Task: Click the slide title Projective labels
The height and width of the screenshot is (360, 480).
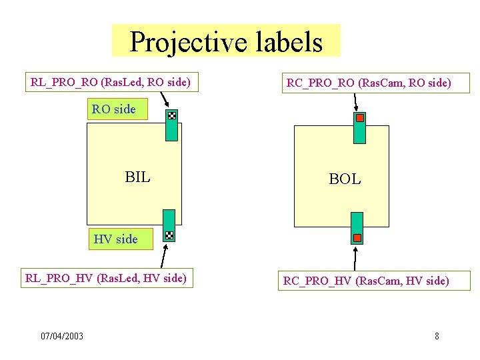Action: point(226,41)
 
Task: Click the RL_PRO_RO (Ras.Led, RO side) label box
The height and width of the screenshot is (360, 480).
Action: point(111,83)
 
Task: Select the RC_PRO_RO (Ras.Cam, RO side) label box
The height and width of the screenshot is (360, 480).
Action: point(369,83)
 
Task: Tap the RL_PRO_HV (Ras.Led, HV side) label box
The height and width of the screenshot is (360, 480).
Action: point(105,278)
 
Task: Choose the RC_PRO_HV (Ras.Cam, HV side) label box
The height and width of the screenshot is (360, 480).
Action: point(366,281)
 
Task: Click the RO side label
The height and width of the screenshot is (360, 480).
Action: point(114,109)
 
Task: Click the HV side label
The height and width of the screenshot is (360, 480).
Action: point(116,239)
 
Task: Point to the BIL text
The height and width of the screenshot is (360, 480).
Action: point(137,177)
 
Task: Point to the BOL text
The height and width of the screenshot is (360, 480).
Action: point(345,179)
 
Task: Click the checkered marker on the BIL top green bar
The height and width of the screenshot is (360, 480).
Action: point(171,116)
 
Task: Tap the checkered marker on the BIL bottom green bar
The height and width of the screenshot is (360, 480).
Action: point(169,235)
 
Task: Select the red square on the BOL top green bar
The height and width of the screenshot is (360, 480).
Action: point(359,118)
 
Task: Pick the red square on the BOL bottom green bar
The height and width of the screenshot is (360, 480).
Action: point(357,237)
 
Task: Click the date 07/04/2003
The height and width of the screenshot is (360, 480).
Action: point(62,336)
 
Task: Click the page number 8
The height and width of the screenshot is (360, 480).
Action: point(437,336)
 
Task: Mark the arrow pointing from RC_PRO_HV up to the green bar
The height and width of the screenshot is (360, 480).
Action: point(355,259)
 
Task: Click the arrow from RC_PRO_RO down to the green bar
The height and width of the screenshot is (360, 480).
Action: point(355,102)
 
